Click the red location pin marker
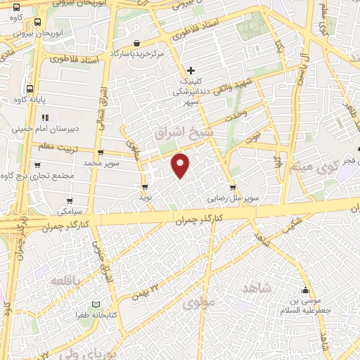181,165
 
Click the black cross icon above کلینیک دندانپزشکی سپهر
191,70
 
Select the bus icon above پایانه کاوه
30,89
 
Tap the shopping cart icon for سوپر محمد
101,153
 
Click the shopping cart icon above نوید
145,187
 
